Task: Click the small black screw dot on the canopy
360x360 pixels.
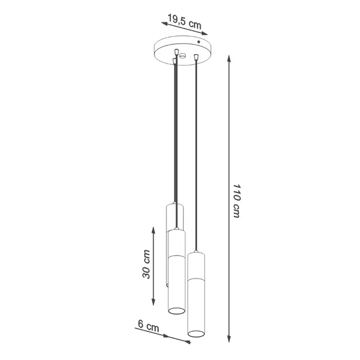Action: click(x=199, y=43)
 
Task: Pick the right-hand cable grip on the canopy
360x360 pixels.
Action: click(x=195, y=57)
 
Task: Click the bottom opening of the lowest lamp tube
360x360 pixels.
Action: click(x=196, y=335)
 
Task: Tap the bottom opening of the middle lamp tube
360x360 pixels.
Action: click(x=176, y=310)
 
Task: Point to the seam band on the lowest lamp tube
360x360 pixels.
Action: click(x=196, y=278)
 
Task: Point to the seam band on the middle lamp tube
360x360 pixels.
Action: click(x=176, y=257)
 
